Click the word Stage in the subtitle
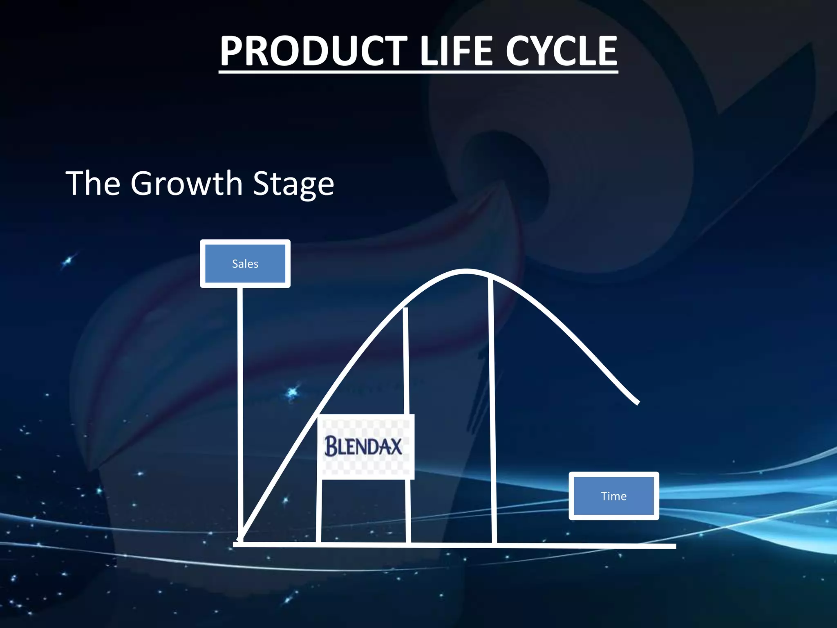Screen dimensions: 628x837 pos(293,184)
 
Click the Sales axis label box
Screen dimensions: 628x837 pos(245,264)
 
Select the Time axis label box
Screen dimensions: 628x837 pos(614,496)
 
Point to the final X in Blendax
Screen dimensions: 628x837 pos(394,446)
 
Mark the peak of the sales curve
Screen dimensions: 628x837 pos(466,271)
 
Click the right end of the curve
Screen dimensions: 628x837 pos(637,403)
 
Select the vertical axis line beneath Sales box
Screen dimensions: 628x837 pos(240,409)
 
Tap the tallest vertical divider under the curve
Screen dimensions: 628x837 pos(492,409)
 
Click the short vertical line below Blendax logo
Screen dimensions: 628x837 pos(319,511)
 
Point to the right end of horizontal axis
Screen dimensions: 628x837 pos(674,546)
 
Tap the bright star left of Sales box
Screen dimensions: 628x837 pos(68,261)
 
